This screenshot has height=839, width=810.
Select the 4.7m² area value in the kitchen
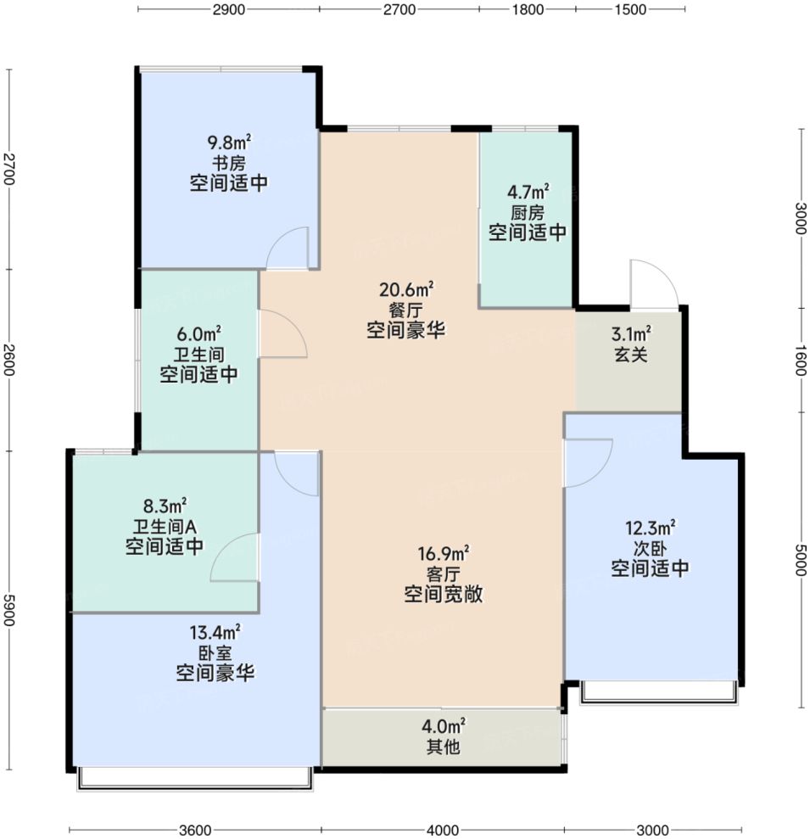pos(527,192)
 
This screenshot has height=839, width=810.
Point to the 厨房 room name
pos(527,212)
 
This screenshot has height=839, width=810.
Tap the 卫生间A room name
pos(165,527)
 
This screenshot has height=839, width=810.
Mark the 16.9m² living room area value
pos(443,553)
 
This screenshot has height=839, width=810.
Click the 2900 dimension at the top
pos(229,10)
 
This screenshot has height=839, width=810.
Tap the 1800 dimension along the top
pos(527,10)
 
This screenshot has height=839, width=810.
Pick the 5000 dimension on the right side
pos(799,560)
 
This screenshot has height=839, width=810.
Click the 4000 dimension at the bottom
pos(442,829)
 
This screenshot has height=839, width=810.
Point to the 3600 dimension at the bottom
pos(194,829)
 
